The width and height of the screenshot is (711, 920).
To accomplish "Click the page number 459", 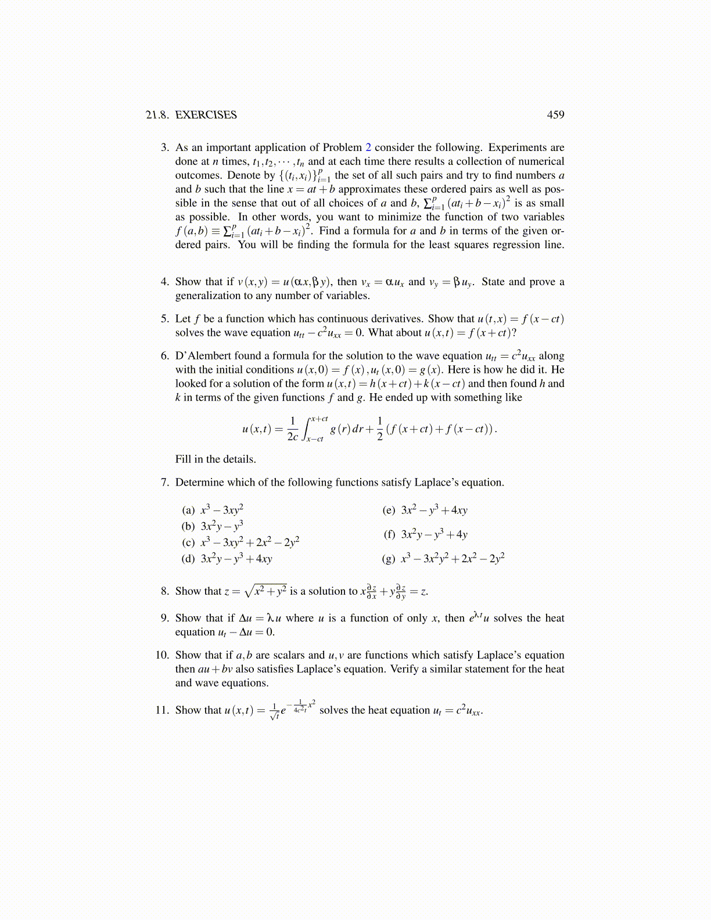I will (555, 115).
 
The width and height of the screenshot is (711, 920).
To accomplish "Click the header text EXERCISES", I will (206, 115).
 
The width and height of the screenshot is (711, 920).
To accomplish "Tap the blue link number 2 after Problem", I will (368, 148).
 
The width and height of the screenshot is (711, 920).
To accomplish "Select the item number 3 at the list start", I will (165, 148).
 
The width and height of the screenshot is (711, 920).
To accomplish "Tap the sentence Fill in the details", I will (216, 459).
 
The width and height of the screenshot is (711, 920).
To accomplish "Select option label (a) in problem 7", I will (188, 511).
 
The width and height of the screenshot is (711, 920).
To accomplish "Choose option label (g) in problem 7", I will (389, 559).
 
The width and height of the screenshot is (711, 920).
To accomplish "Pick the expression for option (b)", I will (221, 526).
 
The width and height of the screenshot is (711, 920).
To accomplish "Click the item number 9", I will (165, 618).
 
